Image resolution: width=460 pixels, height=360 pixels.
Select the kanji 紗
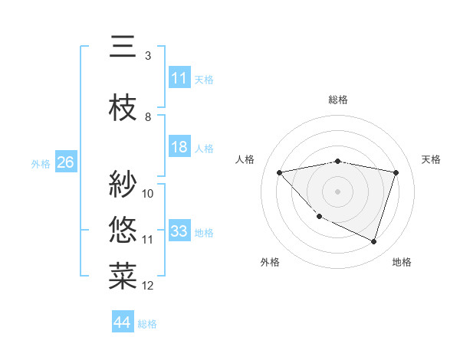click(123, 184)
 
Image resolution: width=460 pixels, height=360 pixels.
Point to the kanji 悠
click(123, 229)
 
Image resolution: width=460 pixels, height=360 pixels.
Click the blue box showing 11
click(179, 78)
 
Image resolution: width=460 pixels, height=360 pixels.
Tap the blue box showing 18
click(179, 147)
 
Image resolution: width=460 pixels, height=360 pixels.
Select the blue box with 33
click(179, 231)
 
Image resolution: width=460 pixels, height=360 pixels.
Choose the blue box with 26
click(65, 162)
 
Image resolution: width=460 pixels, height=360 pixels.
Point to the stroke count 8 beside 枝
click(148, 117)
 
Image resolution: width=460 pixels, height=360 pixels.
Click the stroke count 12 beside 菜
click(148, 286)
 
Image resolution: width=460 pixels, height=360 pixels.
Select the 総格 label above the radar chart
click(338, 100)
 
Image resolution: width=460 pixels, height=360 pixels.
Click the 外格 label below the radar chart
click(270, 262)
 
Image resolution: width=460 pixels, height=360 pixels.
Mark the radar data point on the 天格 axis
click(396, 172)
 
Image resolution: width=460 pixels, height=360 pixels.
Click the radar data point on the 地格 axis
click(373, 241)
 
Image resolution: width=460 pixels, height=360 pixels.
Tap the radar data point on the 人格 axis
click(279, 172)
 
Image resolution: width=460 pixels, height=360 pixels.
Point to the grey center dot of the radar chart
click(337, 191)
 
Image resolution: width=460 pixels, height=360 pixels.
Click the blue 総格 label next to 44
click(147, 324)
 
